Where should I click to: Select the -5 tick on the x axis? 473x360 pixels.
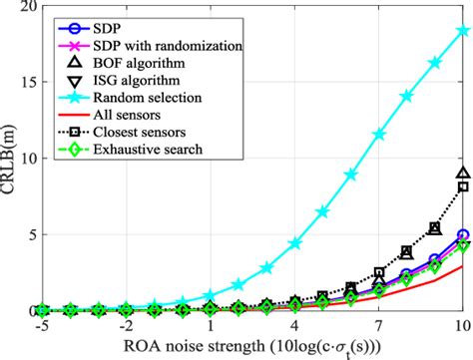click(x=41, y=326)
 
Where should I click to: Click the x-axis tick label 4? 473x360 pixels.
click(x=294, y=326)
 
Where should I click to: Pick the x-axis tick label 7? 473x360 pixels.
click(x=379, y=326)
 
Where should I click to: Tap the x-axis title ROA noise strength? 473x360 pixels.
click(x=251, y=347)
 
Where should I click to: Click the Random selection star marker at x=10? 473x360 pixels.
click(x=463, y=31)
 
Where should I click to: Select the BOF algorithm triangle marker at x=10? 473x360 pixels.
click(x=463, y=174)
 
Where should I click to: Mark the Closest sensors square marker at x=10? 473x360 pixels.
click(x=463, y=186)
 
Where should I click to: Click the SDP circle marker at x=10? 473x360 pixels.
click(x=463, y=235)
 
